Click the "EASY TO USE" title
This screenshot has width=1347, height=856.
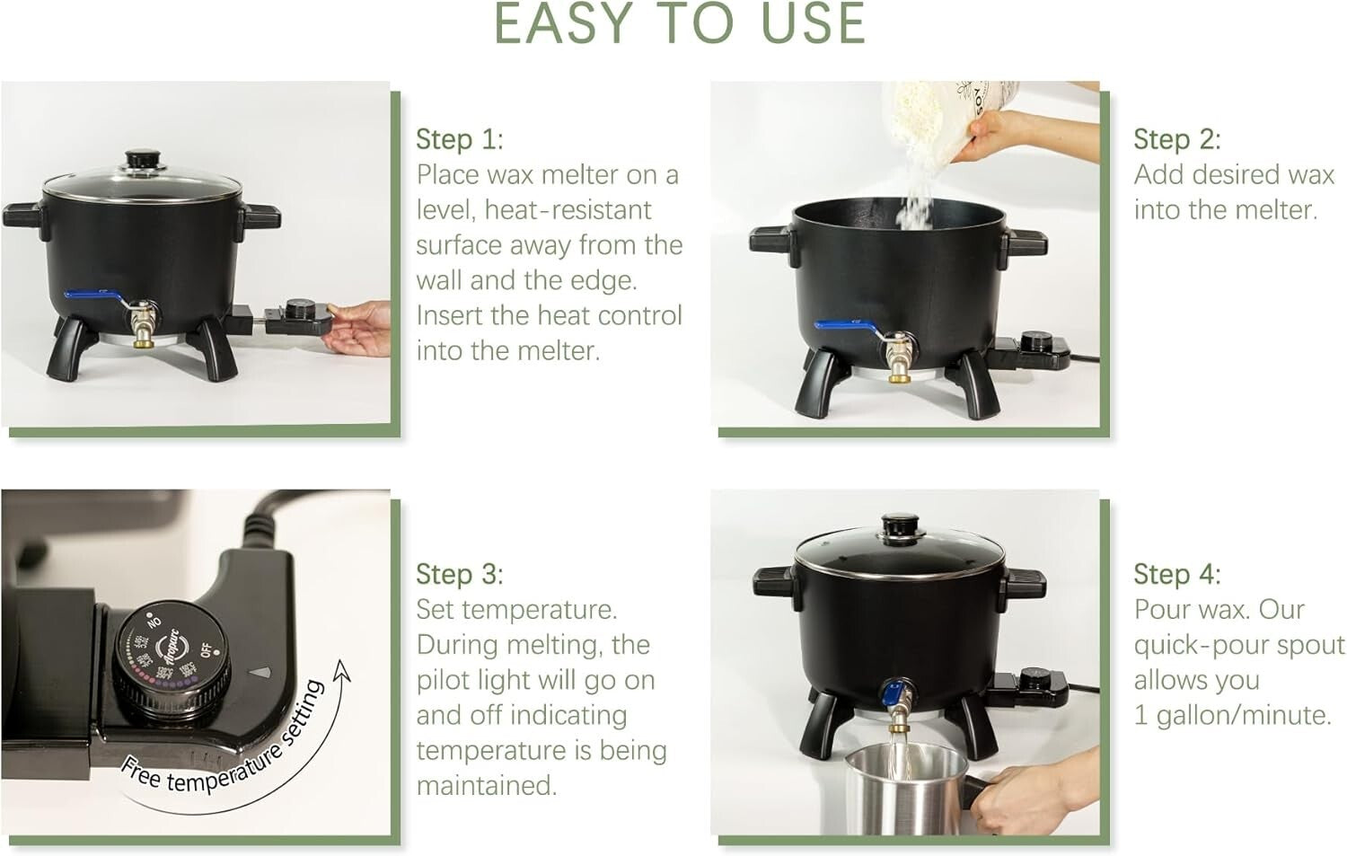(x=680, y=24)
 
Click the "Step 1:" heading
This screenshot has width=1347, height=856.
(x=459, y=139)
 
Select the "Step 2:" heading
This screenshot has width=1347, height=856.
(x=1176, y=139)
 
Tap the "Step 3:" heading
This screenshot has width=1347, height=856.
(x=459, y=574)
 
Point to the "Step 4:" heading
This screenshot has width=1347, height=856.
(x=1176, y=574)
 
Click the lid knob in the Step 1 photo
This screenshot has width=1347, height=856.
(x=140, y=160)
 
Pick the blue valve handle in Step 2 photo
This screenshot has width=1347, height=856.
(x=844, y=326)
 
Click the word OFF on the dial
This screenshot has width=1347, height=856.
(x=210, y=649)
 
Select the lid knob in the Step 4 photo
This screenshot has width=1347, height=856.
(x=897, y=525)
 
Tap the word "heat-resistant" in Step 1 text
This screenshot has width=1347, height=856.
(x=568, y=210)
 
